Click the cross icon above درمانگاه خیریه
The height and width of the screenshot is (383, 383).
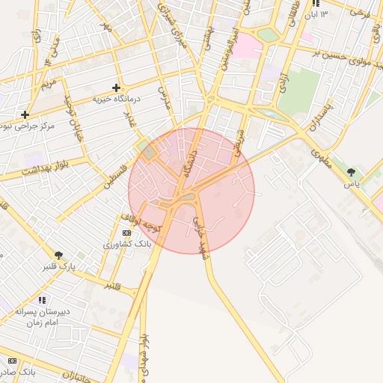tap(116, 88)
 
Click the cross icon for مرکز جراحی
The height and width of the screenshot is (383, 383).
tap(25, 114)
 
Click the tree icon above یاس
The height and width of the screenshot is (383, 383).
tap(351, 173)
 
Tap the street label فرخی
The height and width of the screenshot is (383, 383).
tap(361, 13)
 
